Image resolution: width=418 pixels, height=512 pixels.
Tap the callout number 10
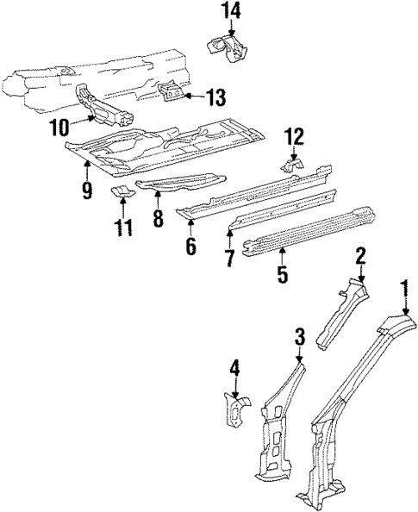[59, 128]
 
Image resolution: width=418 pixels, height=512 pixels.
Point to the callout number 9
[87, 190]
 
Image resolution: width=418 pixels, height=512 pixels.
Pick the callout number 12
[294, 135]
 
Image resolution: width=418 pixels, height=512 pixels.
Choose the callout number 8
[158, 218]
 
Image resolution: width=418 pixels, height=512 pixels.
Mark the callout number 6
[190, 247]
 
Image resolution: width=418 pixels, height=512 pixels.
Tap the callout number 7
[230, 259]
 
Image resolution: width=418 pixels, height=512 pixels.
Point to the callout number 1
[404, 287]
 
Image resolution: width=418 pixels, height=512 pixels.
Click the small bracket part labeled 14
[227, 47]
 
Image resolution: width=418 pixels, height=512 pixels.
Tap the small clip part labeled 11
[122, 190]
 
